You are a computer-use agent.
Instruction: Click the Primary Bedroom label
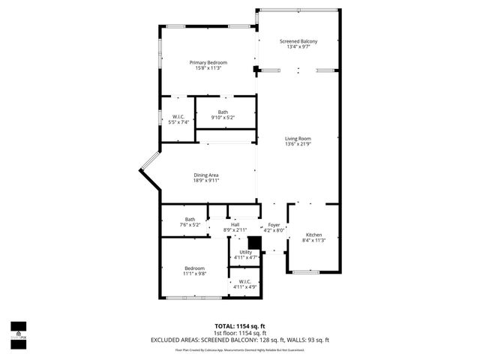[x=208, y=62]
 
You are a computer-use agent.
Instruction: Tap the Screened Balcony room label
[x=295, y=41]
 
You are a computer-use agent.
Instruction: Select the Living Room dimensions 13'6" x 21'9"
[x=298, y=144]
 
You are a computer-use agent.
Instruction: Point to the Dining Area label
[x=206, y=175]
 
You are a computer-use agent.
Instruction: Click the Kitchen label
[x=313, y=235]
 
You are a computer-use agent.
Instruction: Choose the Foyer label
[x=274, y=225]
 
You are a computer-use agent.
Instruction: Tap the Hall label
[x=235, y=224]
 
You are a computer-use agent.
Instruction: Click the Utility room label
[x=246, y=252]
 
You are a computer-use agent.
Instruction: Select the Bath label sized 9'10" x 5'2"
[x=223, y=112]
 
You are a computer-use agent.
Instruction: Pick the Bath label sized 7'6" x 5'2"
[x=190, y=220]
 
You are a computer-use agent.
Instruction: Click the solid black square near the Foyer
[x=253, y=242]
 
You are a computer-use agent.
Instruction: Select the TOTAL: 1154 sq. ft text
[x=240, y=326]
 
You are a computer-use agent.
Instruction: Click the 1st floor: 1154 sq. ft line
[x=240, y=333]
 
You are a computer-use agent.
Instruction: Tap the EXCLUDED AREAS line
[x=240, y=340]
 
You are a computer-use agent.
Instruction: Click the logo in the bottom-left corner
[x=18, y=331]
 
